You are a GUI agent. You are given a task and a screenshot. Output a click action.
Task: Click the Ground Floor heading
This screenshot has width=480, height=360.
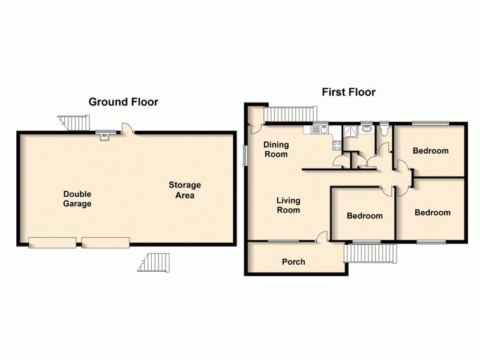pos(123,102)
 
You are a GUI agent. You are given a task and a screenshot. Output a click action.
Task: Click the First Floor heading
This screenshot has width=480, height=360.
pos(349,92)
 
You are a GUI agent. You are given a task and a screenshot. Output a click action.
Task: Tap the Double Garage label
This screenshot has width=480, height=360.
pos(78,199)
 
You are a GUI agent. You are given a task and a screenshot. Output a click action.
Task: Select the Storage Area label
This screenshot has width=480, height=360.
pos(184,190)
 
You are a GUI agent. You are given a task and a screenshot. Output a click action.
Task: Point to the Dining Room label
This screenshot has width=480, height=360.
pos(276,149)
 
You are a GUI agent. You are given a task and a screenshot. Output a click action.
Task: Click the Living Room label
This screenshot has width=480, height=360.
pos(288,205)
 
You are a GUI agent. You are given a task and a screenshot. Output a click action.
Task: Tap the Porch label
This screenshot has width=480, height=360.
pos(293,262)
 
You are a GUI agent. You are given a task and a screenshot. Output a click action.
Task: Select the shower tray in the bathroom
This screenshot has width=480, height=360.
pos(350,133)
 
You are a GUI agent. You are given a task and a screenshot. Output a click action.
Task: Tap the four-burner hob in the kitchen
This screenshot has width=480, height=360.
pos(337,145)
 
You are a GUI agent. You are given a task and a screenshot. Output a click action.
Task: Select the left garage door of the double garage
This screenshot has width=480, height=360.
pos(52,242)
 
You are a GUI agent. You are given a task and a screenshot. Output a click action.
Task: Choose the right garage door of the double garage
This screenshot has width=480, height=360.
pos(106,242)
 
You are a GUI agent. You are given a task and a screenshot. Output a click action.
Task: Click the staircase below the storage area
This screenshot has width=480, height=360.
pos(155,262)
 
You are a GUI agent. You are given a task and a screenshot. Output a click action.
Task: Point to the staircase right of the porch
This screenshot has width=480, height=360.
pos(371,253)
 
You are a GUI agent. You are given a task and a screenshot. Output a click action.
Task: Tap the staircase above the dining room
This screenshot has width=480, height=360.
pos(290,113)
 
